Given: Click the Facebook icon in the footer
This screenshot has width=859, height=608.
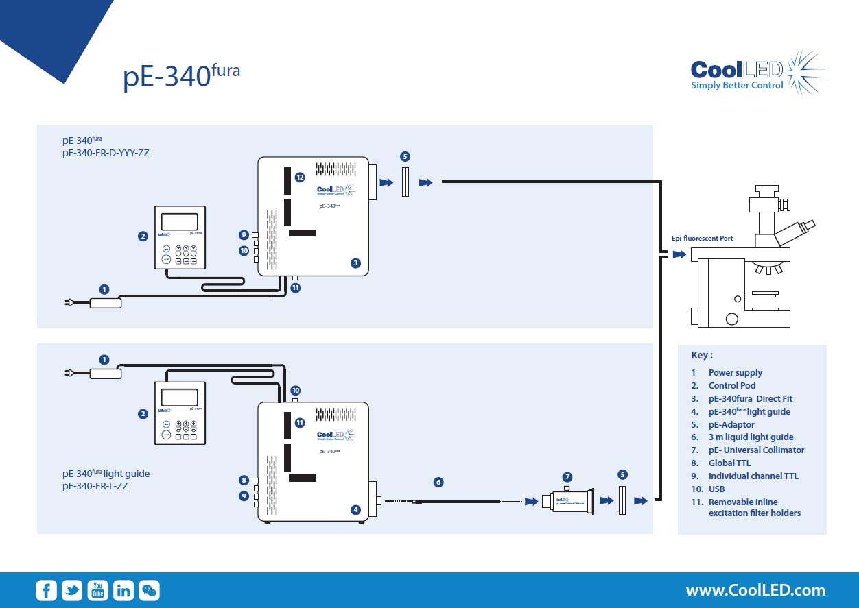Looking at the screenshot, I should tap(47, 590).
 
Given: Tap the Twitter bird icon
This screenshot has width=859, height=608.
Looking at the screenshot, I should tap(72, 590).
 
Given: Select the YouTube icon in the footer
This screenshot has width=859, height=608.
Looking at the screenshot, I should tap(97, 590).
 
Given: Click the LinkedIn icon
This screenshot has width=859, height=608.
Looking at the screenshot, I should tap(123, 590).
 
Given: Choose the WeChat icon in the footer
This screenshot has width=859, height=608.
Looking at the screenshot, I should tap(150, 590).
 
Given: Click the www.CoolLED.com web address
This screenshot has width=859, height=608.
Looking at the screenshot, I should tap(755, 590).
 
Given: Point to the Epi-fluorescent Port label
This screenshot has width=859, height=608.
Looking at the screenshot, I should tap(702, 239).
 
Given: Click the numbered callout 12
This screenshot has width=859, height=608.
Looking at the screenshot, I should tap(300, 177).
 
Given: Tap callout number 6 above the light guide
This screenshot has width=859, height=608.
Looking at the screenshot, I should tap(438, 482).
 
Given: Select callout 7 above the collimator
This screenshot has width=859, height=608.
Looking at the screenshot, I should tap(567, 476).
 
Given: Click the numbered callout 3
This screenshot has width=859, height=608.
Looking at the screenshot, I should tap(355, 263).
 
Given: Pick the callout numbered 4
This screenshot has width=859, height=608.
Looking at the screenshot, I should tap(355, 509).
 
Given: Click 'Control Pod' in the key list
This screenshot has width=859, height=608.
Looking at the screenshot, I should tap(731, 386).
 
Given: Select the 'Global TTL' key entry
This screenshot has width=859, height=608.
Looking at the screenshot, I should tap(729, 463).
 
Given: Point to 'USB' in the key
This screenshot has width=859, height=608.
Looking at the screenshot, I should tap(716, 489).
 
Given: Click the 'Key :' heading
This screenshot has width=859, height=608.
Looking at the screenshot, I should tap(702, 355).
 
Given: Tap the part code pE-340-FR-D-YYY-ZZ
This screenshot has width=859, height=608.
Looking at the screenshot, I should tap(106, 153).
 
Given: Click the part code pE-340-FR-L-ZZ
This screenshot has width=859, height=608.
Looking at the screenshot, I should tap(95, 486).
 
